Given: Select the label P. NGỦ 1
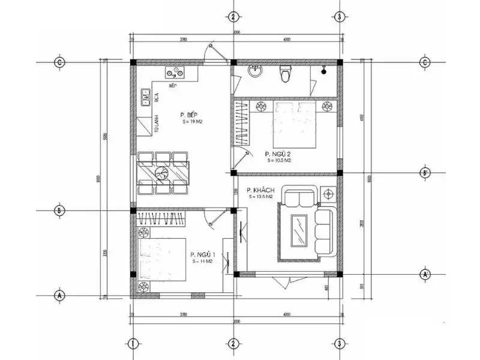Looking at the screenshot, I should [x=202, y=254].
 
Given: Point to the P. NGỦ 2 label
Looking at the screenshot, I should [x=278, y=154].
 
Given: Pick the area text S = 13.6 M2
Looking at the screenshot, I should [x=261, y=196].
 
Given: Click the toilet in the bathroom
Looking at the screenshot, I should [x=285, y=74].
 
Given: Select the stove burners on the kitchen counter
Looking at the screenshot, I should [x=176, y=75].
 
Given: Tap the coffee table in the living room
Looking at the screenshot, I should [x=298, y=229].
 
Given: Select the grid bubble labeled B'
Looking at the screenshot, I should [x=425, y=173].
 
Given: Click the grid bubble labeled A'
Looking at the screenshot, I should [x=425, y=274].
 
